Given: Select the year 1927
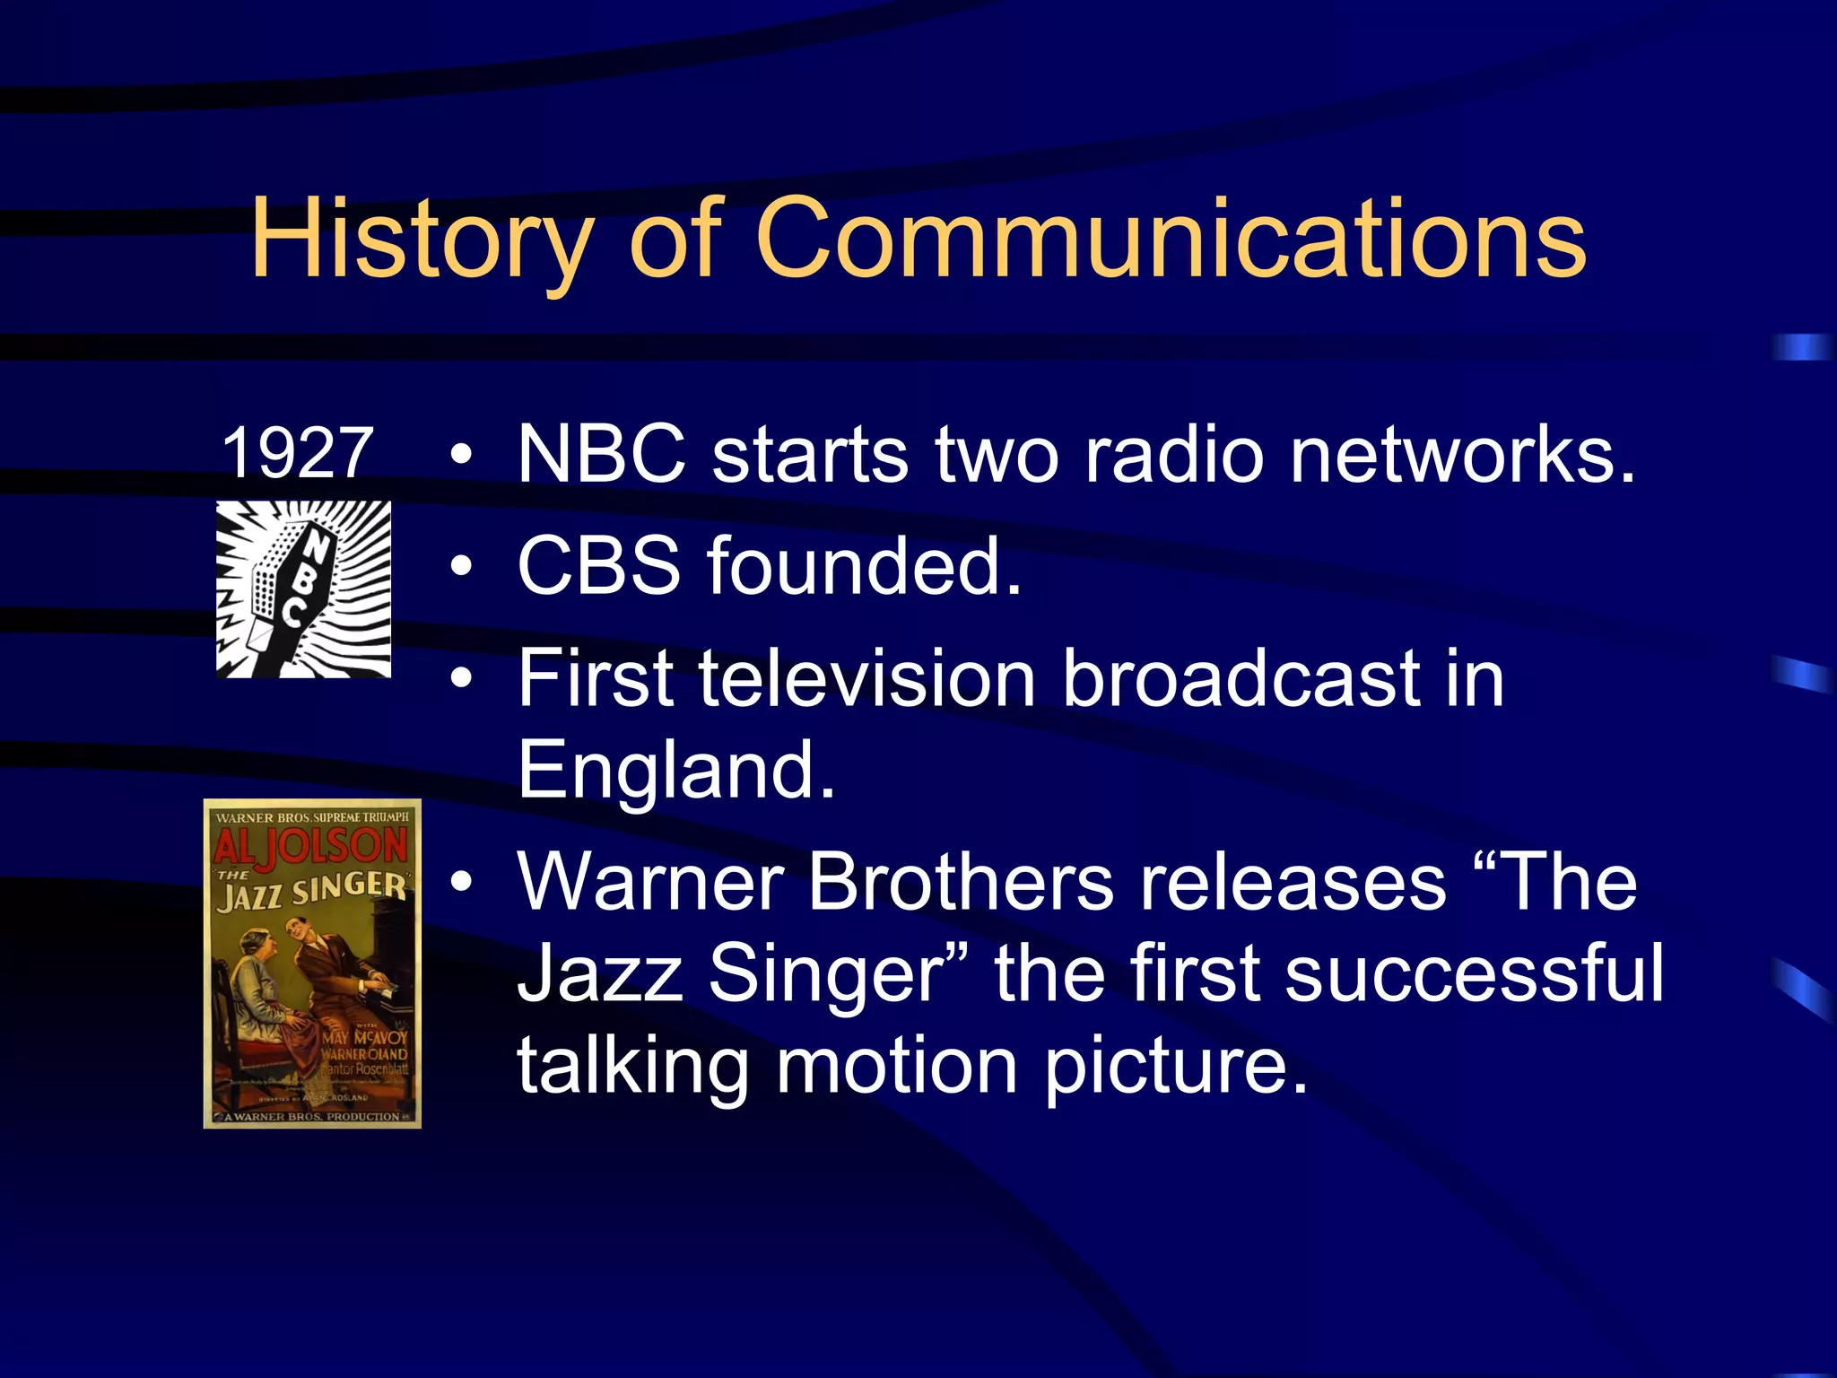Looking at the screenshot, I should [297, 453].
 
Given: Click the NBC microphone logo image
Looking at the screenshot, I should [303, 589].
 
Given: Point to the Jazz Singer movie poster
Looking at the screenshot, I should [312, 963].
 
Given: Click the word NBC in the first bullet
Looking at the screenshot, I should [601, 455].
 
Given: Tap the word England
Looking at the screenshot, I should [676, 770].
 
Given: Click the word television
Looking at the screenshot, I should [866, 679].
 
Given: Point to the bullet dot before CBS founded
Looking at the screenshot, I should [461, 567].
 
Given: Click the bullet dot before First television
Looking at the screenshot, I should [461, 679].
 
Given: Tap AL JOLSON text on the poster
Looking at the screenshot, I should [311, 846].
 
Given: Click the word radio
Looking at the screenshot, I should [1174, 455].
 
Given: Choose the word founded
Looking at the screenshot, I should [864, 566].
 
